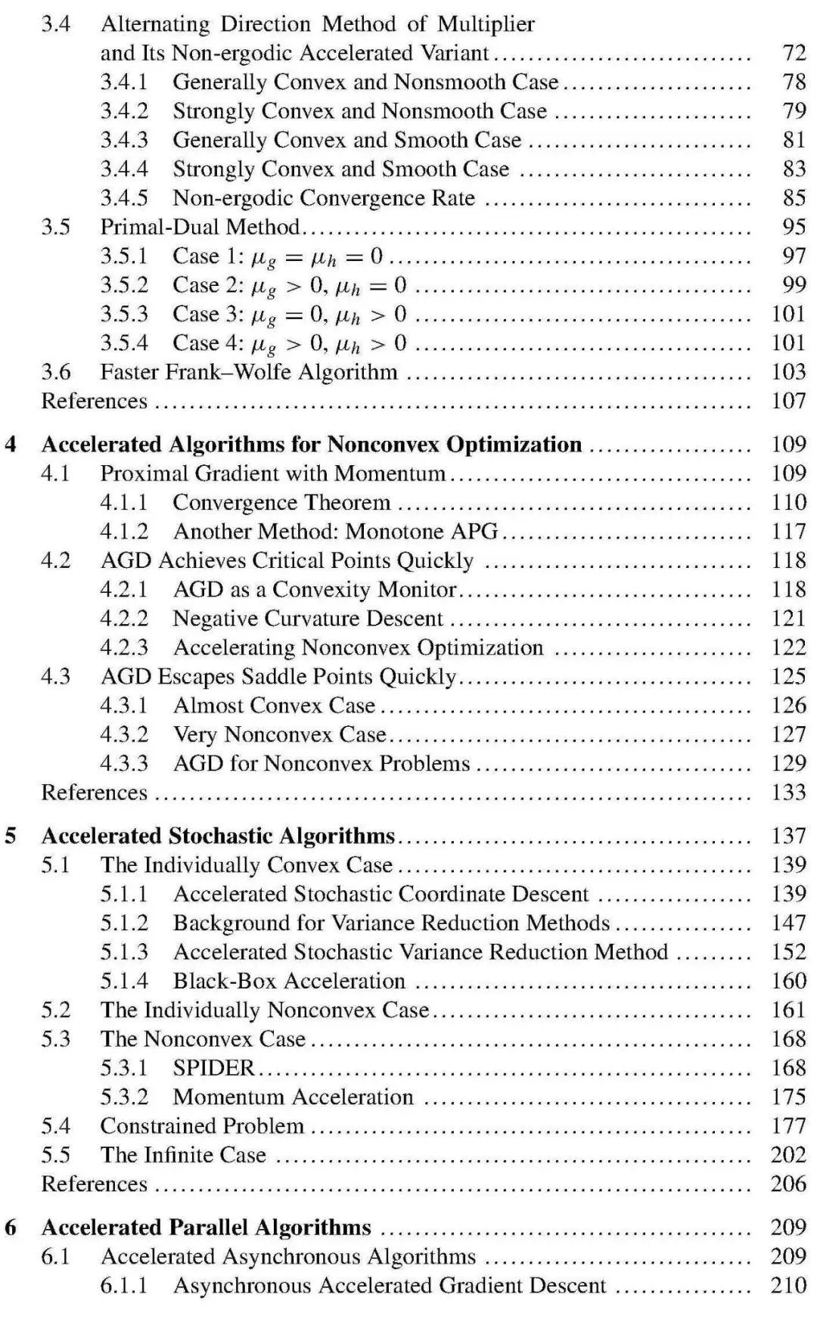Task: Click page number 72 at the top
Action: (794, 53)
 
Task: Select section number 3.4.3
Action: (124, 140)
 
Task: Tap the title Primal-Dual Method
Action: (200, 227)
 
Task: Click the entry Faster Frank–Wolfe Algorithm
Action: (249, 372)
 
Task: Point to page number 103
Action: (788, 372)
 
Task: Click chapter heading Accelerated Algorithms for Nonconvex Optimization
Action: (311, 445)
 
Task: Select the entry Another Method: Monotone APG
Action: (335, 532)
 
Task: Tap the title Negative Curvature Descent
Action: (307, 619)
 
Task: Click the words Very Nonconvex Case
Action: (279, 734)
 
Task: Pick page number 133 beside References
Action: (788, 793)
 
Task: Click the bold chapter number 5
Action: (11, 836)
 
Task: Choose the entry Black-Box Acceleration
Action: (289, 981)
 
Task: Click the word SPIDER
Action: (213, 1068)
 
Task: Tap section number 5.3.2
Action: (124, 1097)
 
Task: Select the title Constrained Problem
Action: (202, 1126)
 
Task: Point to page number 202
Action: (788, 1155)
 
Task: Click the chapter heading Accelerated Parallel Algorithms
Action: (206, 1227)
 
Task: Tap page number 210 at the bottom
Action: (788, 1286)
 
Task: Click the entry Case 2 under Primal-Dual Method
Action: (289, 285)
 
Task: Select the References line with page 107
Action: (94, 401)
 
